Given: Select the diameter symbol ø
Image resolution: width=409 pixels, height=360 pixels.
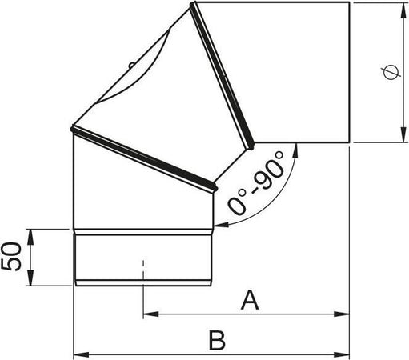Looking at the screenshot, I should coord(388,74).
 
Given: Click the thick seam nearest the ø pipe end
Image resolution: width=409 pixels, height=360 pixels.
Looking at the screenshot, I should coord(223,76).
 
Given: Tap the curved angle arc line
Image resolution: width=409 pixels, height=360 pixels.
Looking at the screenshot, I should coord(280,192).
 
